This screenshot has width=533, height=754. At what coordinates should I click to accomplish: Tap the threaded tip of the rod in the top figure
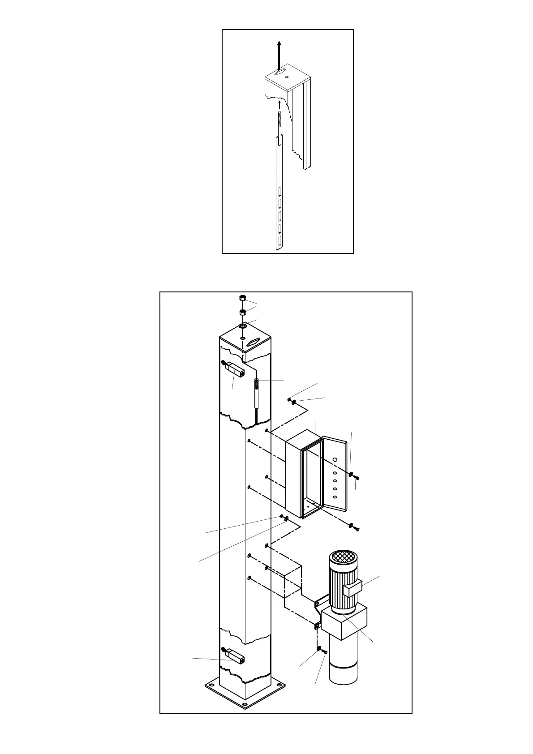click(x=279, y=120)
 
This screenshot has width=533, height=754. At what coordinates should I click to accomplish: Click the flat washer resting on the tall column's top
click(x=243, y=326)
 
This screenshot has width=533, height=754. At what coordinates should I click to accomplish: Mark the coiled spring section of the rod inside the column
click(x=257, y=385)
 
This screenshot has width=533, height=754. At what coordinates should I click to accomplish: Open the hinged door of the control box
click(x=334, y=475)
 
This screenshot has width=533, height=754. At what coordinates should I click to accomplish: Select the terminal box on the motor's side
click(x=352, y=588)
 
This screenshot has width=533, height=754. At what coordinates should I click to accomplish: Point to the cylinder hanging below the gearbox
click(x=344, y=667)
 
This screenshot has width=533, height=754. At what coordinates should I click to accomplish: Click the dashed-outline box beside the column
click(x=292, y=583)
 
